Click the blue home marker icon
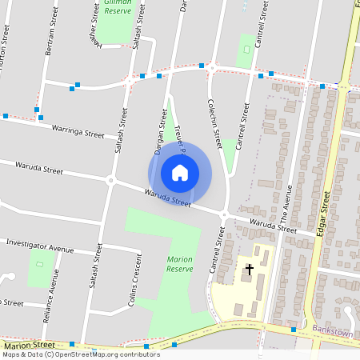[x=180, y=172]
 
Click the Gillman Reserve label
[x=118, y=7]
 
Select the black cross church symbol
[x=249, y=269]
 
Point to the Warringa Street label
[x=78, y=130]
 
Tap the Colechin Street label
[x=214, y=123]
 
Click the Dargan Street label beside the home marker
[x=159, y=132]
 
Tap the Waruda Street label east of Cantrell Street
[x=273, y=226]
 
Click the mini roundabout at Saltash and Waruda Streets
[x=110, y=180]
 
